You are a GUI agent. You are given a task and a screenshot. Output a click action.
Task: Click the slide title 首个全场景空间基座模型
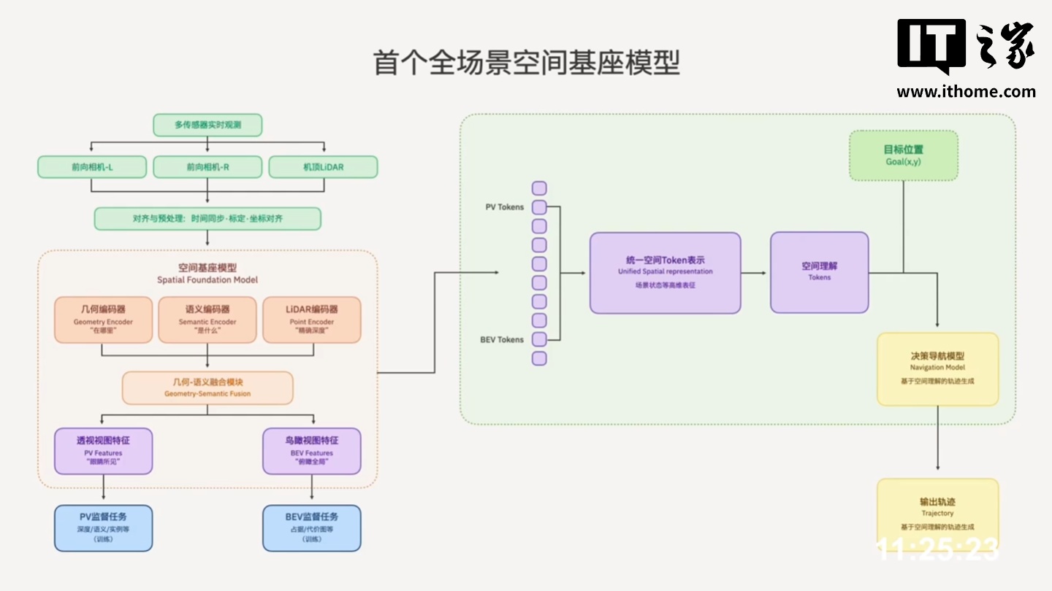[526, 63]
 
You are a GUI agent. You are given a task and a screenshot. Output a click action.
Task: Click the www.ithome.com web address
[966, 91]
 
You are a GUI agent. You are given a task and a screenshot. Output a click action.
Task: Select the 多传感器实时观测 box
[207, 125]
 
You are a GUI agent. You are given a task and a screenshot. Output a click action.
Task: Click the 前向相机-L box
[92, 167]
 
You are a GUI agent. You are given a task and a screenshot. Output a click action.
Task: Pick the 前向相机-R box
[207, 167]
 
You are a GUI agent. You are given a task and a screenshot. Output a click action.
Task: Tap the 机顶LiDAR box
[323, 167]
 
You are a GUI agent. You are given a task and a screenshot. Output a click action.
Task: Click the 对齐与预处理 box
[207, 218]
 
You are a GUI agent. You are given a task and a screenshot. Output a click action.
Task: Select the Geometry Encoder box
[103, 320]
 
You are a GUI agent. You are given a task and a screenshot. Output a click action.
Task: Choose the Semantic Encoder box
[207, 320]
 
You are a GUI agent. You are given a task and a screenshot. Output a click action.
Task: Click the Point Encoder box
[311, 320]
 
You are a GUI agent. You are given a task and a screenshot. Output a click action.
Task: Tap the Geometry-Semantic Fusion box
[207, 387]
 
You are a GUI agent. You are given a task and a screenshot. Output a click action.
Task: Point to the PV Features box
[103, 451]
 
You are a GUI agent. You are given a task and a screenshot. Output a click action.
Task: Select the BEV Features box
[311, 451]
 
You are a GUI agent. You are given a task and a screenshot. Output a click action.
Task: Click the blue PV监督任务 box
[103, 528]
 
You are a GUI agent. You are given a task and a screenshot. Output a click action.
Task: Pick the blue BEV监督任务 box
[311, 528]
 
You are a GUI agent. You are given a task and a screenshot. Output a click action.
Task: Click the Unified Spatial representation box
[665, 273]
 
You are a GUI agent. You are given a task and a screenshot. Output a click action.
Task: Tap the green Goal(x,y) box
[903, 155]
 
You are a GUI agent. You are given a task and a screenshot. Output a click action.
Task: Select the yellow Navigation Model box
[937, 368]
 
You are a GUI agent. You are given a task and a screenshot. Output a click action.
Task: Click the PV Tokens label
[504, 207]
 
